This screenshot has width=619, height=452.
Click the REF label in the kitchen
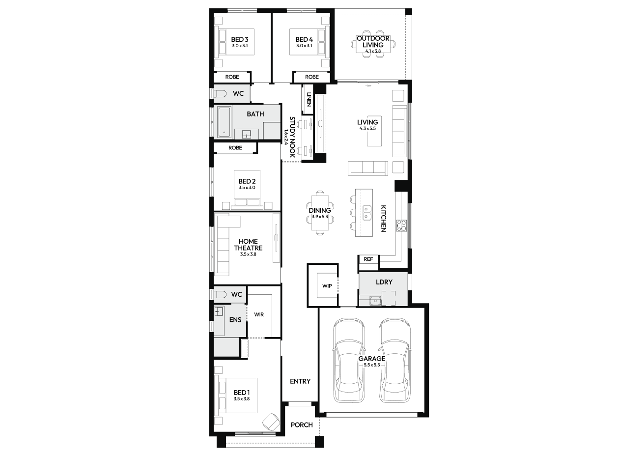coord(368,259)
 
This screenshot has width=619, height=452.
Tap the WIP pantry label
coord(327,286)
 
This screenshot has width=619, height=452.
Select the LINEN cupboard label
coord(309,99)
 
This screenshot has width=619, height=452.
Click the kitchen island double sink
coord(367,213)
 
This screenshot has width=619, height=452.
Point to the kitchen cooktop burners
coord(401,226)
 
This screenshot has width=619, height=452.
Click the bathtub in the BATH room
coord(224,122)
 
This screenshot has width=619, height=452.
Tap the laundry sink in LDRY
coord(375,300)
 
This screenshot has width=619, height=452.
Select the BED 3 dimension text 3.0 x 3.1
coord(240,46)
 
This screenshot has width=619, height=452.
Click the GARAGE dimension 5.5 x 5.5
coord(372,365)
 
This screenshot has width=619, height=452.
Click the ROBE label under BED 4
coord(311,77)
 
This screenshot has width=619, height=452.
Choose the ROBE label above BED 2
coord(235,148)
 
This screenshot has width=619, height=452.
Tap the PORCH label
coord(302,425)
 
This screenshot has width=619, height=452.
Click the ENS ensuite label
coord(235,320)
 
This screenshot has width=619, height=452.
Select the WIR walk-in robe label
coord(259,314)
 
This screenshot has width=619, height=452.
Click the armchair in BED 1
coord(271,422)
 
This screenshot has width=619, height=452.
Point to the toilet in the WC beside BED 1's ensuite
coord(220,295)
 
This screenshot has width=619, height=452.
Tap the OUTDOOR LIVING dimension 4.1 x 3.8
coord(373,51)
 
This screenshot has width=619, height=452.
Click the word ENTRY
coord(300,381)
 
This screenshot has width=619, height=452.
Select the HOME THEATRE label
coord(248,245)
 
